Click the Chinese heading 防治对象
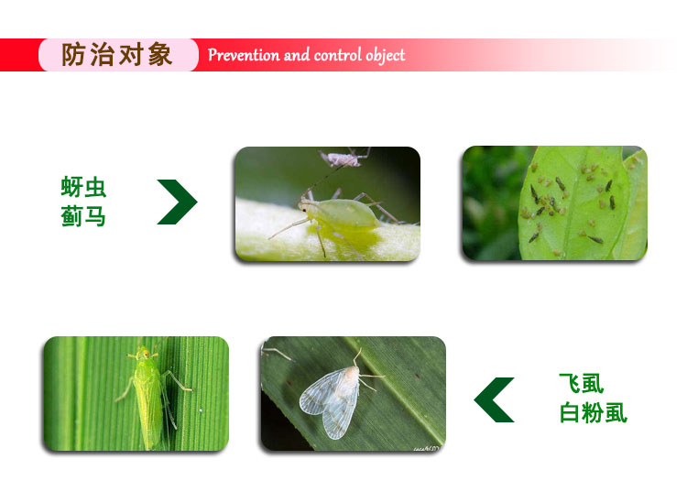coord(116,55)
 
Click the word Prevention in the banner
coord(244,55)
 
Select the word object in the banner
coord(386,56)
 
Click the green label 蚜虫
coord(83,187)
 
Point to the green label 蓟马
coord(83,215)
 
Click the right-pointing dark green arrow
coord(178,202)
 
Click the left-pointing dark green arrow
coord(495,399)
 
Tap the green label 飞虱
coord(582,384)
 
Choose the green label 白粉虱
coord(594,412)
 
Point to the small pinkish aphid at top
coord(341,159)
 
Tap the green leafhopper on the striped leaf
coord(149,394)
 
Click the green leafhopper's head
coord(143,353)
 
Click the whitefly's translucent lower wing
coord(336,420)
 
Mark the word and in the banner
coord(297,55)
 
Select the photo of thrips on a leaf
coord(555,202)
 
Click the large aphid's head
coord(308,206)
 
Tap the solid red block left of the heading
coord(20,55)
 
